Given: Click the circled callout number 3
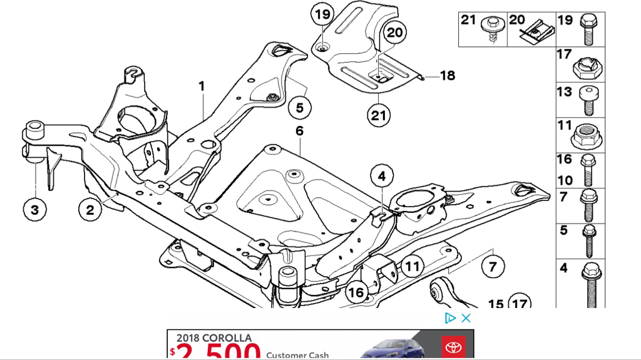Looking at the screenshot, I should click(x=34, y=209).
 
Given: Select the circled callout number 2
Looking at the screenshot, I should click(x=90, y=209).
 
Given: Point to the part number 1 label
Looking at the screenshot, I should click(x=202, y=86).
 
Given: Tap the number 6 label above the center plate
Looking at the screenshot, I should click(x=299, y=131).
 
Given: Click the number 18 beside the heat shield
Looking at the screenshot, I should click(x=447, y=76).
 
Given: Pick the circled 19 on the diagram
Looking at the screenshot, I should click(x=322, y=14).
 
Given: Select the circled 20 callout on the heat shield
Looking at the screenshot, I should click(x=395, y=32).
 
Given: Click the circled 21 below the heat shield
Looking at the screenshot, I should click(x=379, y=115).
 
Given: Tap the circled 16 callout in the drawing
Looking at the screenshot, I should click(x=356, y=292).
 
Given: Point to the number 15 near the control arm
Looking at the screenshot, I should click(x=496, y=304).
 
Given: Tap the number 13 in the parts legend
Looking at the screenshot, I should click(x=565, y=92).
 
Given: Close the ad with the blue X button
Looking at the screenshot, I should click(x=466, y=318).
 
